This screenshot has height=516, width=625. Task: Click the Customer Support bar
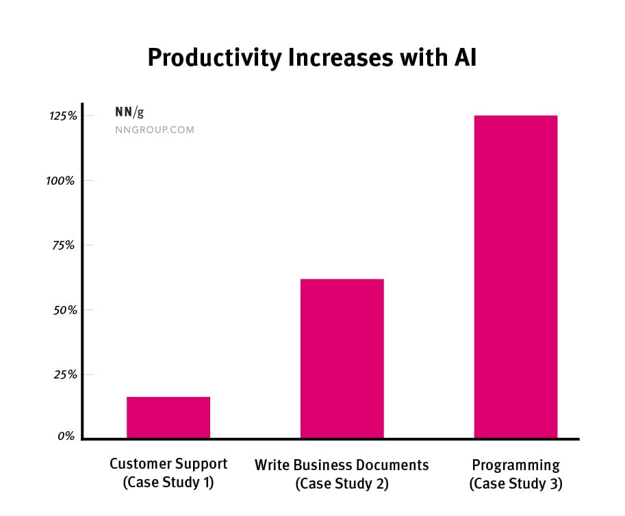[168, 417]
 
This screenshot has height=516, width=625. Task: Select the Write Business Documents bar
[342, 359]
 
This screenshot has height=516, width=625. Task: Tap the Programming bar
[515, 276]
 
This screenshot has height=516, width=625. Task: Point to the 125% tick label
[62, 116]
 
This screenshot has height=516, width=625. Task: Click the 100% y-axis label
[62, 181]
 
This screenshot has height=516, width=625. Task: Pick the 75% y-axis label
[64, 245]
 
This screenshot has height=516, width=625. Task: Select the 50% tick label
[64, 310]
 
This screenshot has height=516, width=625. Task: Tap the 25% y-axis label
[64, 374]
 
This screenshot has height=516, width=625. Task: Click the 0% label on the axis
[67, 436]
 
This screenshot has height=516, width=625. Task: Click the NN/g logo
[129, 113]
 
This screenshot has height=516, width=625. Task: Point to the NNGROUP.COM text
[154, 129]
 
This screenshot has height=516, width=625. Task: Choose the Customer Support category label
[168, 464]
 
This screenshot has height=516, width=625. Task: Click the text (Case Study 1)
[168, 482]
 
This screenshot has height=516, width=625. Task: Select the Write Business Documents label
[342, 465]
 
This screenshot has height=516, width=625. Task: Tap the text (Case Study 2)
[342, 484]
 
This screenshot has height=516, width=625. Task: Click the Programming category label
[515, 466]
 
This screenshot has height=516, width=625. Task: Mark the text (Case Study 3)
[515, 484]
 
